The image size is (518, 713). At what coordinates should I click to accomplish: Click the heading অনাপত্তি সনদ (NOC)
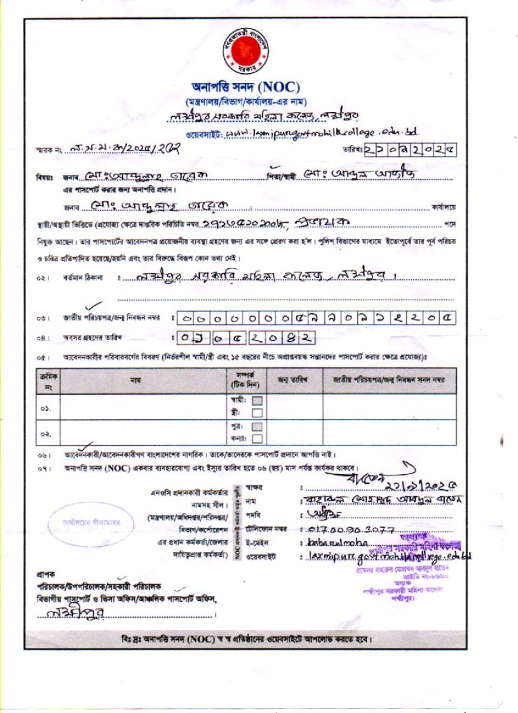246,88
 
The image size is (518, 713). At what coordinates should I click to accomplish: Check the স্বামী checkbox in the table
256,400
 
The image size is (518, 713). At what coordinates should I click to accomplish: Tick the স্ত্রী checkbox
256,412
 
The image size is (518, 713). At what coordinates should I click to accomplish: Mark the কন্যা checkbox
256,438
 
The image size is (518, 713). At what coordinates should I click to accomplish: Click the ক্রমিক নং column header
47,380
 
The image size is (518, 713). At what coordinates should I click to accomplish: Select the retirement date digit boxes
241,338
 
